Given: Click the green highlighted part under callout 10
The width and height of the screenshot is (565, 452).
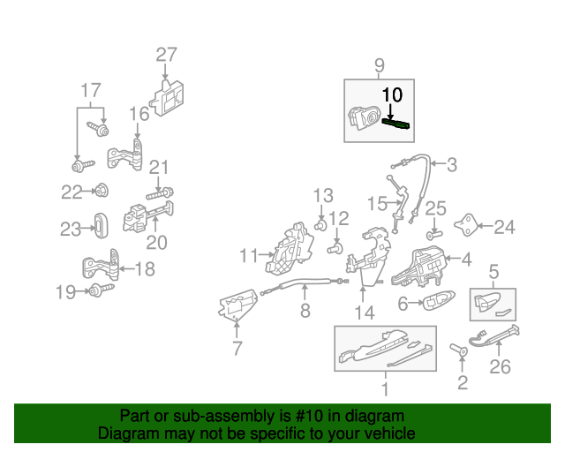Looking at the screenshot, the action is [395, 124].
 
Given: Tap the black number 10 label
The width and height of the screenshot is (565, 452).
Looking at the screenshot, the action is [392, 94].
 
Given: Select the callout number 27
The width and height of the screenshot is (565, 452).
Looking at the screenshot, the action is [166, 55].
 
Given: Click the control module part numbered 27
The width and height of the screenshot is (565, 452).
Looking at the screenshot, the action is [167, 98].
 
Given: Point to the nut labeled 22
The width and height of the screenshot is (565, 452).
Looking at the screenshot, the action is [101, 191].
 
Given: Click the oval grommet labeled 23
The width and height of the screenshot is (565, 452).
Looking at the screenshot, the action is [101, 226].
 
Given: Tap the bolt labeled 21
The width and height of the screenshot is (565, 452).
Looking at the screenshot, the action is [160, 193].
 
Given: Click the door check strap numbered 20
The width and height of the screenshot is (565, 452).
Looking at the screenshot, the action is [147, 216].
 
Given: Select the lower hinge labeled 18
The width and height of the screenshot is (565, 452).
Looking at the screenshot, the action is [101, 265].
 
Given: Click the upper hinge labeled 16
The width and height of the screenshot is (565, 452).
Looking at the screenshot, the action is [125, 156].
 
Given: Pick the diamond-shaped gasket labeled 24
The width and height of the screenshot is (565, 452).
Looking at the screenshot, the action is [466, 225].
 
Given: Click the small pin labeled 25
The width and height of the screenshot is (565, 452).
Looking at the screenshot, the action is [433, 235].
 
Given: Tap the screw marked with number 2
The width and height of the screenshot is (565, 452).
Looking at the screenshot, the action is [459, 349].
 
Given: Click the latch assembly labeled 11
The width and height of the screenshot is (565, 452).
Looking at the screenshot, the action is [290, 248].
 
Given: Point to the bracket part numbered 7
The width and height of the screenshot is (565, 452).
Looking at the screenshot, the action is [237, 305].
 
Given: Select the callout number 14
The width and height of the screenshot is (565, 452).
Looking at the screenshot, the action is [365, 313].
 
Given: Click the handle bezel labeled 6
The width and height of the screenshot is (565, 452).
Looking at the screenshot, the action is [438, 300].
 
